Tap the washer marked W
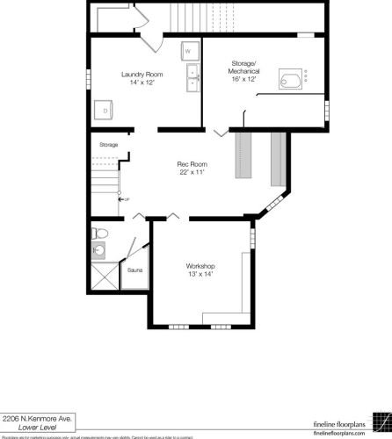[x=189, y=51]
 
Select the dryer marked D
[x=105, y=110]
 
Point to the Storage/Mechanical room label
[x=243, y=68]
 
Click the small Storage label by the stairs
[x=108, y=144]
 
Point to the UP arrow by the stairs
[x=123, y=200]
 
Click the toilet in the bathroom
[x=99, y=234]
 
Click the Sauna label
[x=134, y=270]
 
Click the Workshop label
[x=200, y=266]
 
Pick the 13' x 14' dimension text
[x=200, y=275]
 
